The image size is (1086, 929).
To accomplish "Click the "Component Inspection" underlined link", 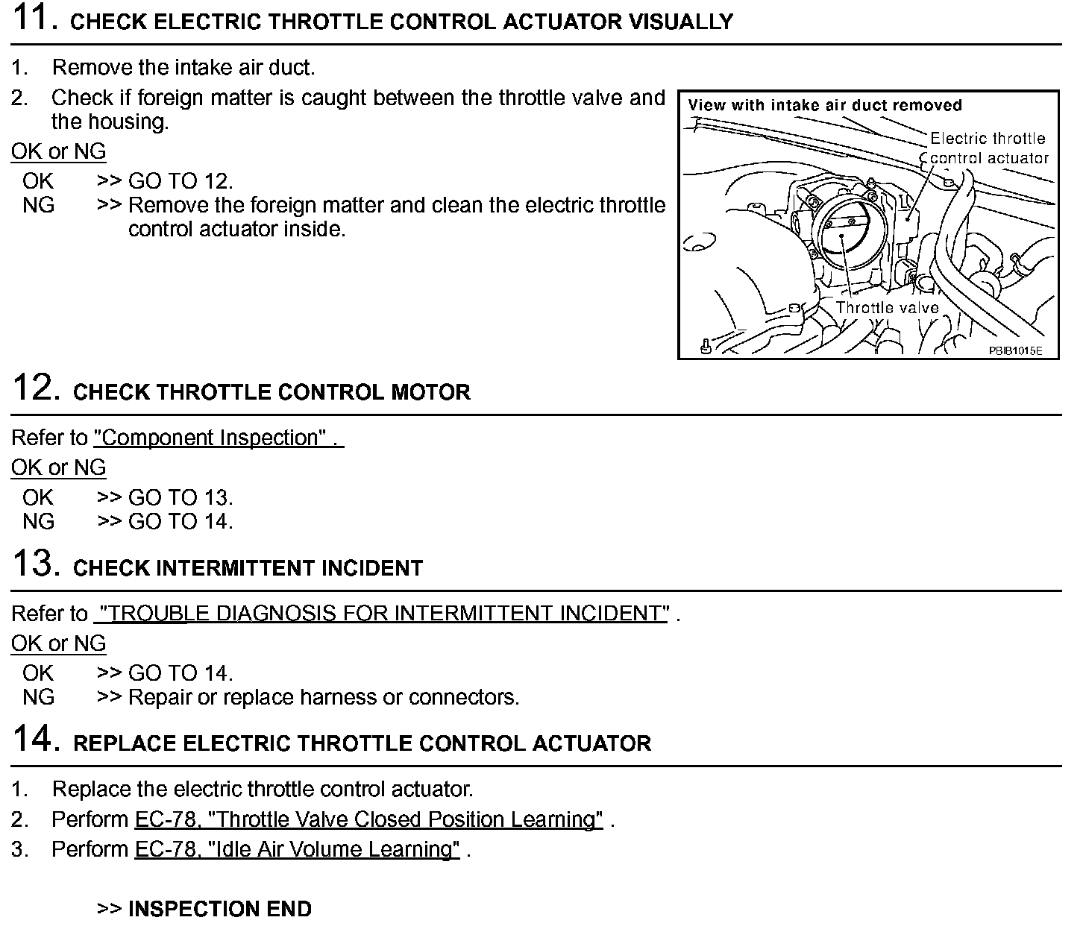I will tap(218, 438).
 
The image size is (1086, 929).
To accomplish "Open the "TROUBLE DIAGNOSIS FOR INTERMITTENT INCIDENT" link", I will tap(382, 614).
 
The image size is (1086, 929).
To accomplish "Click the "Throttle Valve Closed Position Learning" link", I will tap(368, 819).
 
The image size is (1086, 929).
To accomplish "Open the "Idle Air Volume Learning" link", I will tap(297, 849).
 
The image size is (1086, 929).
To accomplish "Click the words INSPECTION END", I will tap(220, 909).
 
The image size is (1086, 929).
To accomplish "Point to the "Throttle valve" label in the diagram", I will tap(887, 307).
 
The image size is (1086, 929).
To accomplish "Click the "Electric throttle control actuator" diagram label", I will tap(988, 148).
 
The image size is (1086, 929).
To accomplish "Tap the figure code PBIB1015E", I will tap(1015, 350).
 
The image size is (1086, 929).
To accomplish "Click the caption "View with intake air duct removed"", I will tap(825, 105).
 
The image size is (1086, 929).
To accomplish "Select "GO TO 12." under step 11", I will tap(181, 181).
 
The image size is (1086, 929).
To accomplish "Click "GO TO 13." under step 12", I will tap(181, 497).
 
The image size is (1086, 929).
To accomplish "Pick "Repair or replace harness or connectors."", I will tap(324, 697).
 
